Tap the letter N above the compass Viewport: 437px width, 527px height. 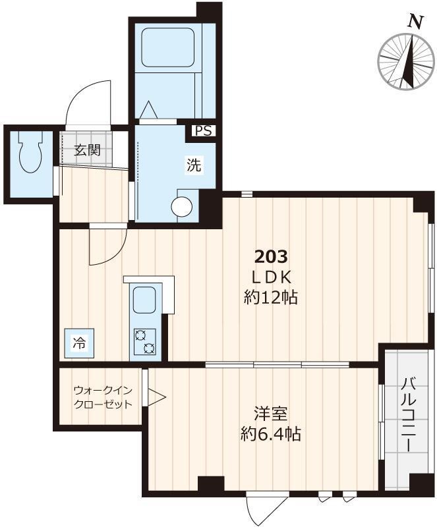[x=415, y=22]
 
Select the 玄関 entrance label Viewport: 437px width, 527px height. [x=86, y=150]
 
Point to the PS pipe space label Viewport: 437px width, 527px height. [x=203, y=130]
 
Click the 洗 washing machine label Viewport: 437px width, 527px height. [x=193, y=165]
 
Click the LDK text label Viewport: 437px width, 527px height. [x=272, y=277]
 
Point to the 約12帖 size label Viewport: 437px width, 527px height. [x=270, y=298]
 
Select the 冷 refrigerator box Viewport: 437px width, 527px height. [x=78, y=343]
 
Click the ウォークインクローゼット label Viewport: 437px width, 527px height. [x=102, y=398]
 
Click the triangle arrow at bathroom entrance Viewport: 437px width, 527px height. [x=147, y=109]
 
